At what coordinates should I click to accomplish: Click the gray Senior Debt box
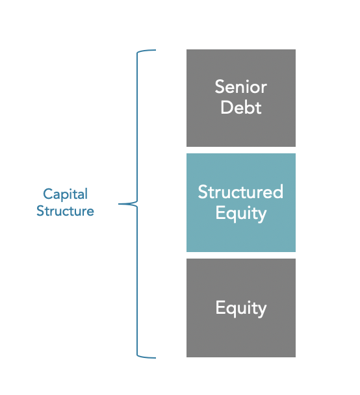[240, 97]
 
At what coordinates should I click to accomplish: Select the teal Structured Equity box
[240, 202]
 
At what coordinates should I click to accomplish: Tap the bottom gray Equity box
[240, 307]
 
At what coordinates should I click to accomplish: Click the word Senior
[241, 86]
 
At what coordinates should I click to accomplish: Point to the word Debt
[241, 107]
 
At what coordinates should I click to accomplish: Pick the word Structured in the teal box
[240, 192]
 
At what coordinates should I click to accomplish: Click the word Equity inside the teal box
[241, 213]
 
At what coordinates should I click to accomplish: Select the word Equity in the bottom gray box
[241, 307]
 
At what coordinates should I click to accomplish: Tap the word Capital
[65, 194]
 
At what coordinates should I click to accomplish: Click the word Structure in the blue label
[65, 211]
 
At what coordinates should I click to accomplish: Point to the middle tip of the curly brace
[121, 204]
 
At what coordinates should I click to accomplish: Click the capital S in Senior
[220, 86]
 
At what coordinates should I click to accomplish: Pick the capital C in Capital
[47, 194]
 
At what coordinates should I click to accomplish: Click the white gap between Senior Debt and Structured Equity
[240, 150]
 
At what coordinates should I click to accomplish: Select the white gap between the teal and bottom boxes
[240, 255]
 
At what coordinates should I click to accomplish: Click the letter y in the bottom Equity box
[263, 310]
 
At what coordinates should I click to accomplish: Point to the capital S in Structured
[203, 192]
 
